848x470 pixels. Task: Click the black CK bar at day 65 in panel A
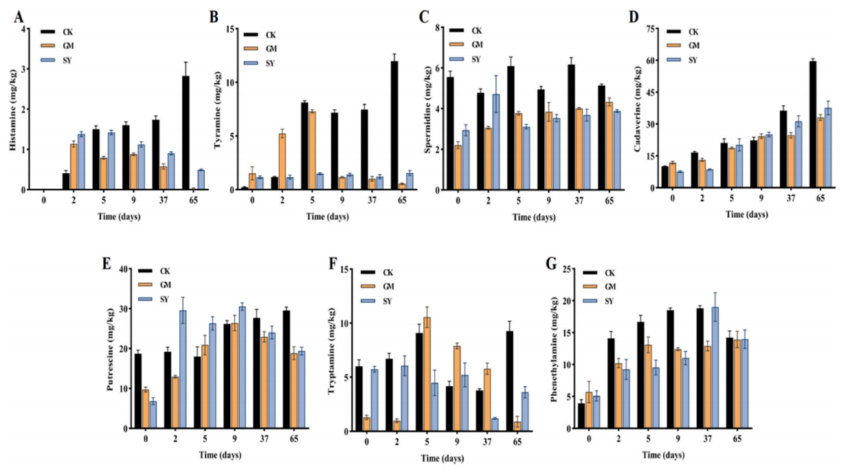tap(185, 133)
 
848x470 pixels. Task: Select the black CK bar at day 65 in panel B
tap(394, 124)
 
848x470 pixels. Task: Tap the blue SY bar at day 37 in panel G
tap(715, 368)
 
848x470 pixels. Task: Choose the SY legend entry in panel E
tap(166, 299)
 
